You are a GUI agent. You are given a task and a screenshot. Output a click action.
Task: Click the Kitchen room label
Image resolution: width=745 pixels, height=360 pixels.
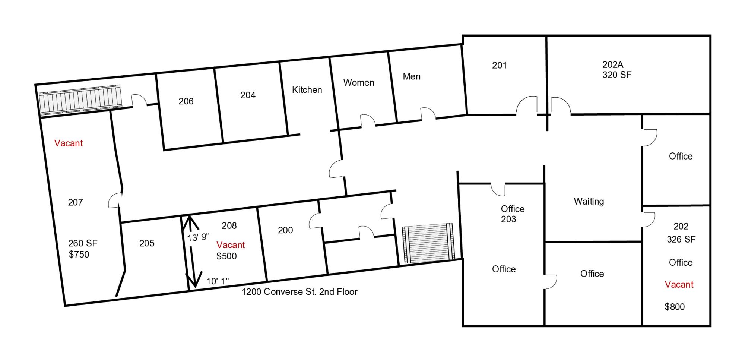pos(307,90)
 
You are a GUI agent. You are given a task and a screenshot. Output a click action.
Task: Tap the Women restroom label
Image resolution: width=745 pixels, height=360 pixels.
pos(359,83)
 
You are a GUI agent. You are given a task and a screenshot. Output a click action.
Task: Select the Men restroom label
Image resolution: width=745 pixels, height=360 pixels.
pos(412,76)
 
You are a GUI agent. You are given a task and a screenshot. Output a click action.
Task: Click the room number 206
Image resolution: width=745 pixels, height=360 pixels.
pos(186,101)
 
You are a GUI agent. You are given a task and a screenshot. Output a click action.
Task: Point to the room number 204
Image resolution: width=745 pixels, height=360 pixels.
pos(248,95)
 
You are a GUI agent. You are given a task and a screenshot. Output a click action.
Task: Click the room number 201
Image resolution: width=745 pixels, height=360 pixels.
pos(500,65)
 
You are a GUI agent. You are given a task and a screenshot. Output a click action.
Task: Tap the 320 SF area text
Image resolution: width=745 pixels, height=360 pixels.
pos(617,75)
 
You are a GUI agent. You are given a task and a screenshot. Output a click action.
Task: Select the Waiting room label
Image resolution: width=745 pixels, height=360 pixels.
pos(589,202)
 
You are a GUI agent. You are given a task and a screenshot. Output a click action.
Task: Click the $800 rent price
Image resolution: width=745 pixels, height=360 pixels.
pos(675,307)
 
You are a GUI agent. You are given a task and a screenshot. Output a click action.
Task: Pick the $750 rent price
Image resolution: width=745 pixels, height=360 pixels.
pos(79,255)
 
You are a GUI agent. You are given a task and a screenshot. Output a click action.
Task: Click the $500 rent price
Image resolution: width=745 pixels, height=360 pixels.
pos(226,256)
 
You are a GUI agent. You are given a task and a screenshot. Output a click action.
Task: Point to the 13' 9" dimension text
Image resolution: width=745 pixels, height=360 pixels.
pos(198,237)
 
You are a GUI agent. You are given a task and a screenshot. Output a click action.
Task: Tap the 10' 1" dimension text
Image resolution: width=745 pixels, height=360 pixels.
pos(218,281)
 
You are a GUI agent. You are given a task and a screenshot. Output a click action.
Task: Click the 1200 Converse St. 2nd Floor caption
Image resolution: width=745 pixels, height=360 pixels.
pos(299,292)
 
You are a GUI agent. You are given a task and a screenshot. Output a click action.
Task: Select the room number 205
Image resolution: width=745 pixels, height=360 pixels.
pos(147,243)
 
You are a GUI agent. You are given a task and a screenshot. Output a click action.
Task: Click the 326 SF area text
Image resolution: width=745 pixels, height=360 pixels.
pos(681,239)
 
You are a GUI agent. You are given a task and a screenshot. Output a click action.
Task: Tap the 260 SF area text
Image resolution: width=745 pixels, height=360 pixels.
pos(83,243)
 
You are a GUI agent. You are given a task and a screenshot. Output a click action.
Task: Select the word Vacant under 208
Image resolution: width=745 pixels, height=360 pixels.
pos(231,245)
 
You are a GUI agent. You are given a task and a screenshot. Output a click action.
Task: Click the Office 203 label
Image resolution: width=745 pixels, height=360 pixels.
pos(513,214)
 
